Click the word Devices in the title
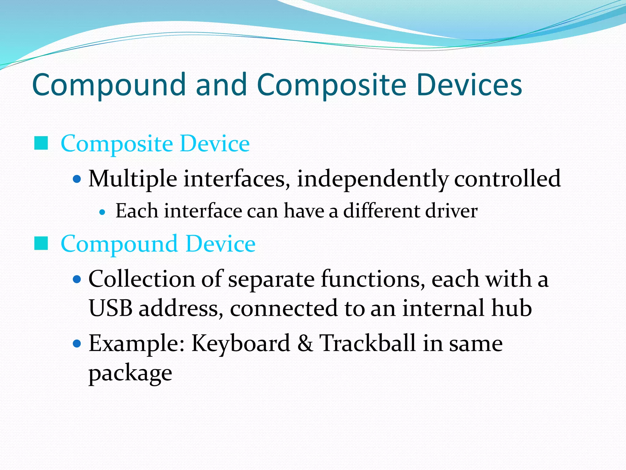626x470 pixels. click(469, 85)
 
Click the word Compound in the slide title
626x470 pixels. click(109, 85)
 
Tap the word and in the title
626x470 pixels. click(221, 85)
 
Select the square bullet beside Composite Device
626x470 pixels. click(41, 143)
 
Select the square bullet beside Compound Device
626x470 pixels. click(41, 244)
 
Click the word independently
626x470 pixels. click(373, 179)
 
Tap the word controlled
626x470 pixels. click(507, 179)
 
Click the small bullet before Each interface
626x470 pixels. click(103, 212)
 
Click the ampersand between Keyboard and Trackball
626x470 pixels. click(305, 343)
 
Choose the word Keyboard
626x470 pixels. click(241, 343)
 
